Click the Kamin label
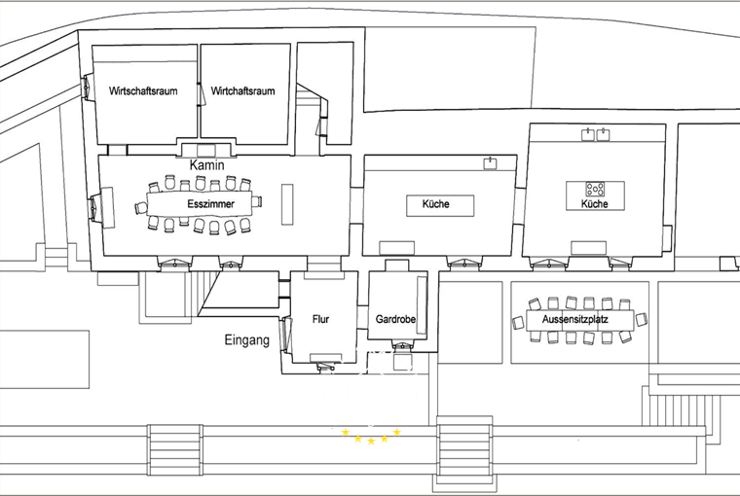pos(206,165)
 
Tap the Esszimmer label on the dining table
pos(210,204)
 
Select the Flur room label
pos(320,319)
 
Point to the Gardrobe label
pos(395,319)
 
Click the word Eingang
pos(246,340)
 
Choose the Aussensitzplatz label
pos(574,320)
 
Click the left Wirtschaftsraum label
pos(143,91)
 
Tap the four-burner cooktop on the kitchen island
pos(595,189)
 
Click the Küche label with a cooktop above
pos(594,204)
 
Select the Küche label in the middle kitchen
pos(435,204)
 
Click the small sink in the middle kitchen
pos(491,163)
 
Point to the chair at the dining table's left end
pos(141,207)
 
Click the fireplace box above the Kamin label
pos(205,151)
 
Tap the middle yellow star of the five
pos(371,442)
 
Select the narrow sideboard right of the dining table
pos(287,204)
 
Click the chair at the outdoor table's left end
pos(518,323)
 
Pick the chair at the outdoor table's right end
pos(641,319)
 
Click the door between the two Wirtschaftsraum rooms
pos(201,94)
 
